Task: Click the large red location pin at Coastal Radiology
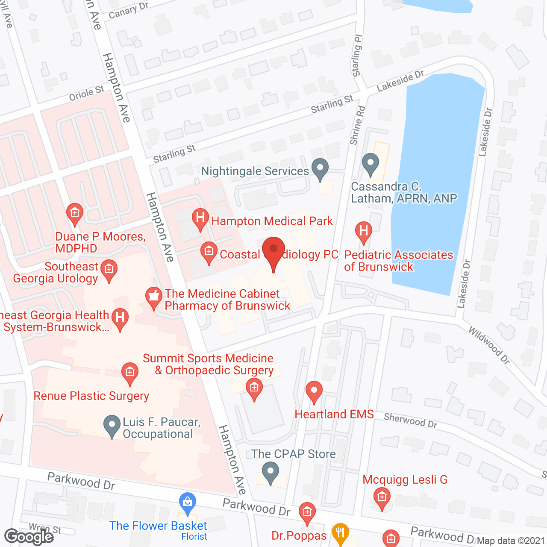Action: (273, 252)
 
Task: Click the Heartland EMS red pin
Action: (314, 391)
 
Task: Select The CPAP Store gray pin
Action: (270, 472)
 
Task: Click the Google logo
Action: (29, 536)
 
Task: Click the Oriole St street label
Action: (87, 93)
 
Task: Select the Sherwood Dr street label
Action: (410, 420)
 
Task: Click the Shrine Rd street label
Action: (358, 125)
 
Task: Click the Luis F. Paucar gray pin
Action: (112, 425)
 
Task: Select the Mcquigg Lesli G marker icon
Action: (382, 497)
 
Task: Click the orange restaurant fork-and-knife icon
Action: (340, 533)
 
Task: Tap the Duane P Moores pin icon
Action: (75, 213)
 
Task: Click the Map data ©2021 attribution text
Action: (511, 541)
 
